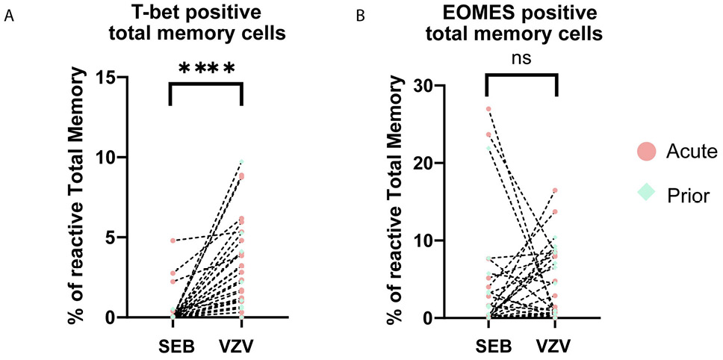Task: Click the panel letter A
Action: point(9,16)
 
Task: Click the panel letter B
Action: point(362,16)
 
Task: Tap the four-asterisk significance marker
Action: point(207,69)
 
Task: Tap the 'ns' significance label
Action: point(522,59)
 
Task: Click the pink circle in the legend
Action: point(647,152)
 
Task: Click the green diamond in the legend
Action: point(647,192)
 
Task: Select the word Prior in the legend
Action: point(686,193)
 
